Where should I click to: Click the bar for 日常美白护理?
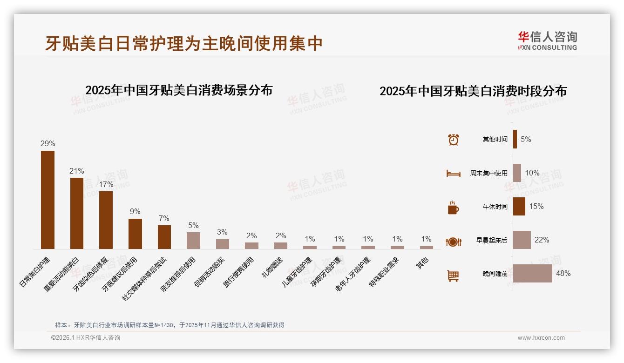pyautogui.click(x=47, y=200)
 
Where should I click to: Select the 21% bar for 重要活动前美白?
pyautogui.click(x=77, y=213)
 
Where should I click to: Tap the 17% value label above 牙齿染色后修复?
pyautogui.click(x=106, y=184)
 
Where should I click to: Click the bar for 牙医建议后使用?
pyautogui.click(x=135, y=234)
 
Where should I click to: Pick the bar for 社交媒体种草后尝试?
pyautogui.click(x=164, y=237)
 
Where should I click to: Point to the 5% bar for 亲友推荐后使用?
pyautogui.click(x=193, y=241)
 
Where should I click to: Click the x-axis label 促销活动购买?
pyautogui.click(x=210, y=271)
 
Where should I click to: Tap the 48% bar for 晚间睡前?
pyautogui.click(x=532, y=274)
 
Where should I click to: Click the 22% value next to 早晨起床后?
pyautogui.click(x=542, y=240)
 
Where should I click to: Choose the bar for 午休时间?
pyautogui.click(x=519, y=207)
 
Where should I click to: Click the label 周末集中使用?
pyautogui.click(x=488, y=173)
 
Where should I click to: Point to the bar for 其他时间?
pyautogui.click(x=515, y=139)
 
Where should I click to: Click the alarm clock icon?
pyautogui.click(x=453, y=140)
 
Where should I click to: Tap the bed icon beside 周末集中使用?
pyautogui.click(x=453, y=174)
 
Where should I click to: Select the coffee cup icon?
pyautogui.click(x=453, y=208)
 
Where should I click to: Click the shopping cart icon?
pyautogui.click(x=453, y=276)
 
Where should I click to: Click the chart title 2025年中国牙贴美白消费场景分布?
pyautogui.click(x=179, y=90)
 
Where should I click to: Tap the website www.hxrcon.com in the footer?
pyautogui.click(x=541, y=338)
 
